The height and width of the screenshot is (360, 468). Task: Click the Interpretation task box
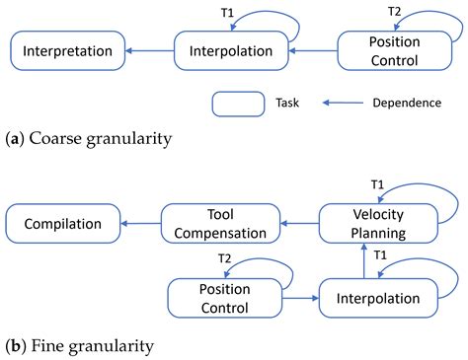click(x=67, y=50)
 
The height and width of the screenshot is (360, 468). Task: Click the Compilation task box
click(x=62, y=224)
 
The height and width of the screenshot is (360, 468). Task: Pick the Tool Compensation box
click(x=221, y=224)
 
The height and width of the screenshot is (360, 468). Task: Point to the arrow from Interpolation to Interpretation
click(x=151, y=50)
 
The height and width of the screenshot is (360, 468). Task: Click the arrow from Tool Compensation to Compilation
click(x=140, y=224)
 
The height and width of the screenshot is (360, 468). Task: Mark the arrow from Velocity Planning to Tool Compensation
click(x=299, y=224)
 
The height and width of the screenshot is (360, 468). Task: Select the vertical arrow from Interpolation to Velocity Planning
click(x=363, y=260)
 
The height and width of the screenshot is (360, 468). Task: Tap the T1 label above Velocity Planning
click(x=377, y=184)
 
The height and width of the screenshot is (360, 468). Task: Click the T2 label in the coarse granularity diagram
click(x=395, y=11)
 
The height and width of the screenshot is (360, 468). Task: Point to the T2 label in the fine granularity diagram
click(x=224, y=258)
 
